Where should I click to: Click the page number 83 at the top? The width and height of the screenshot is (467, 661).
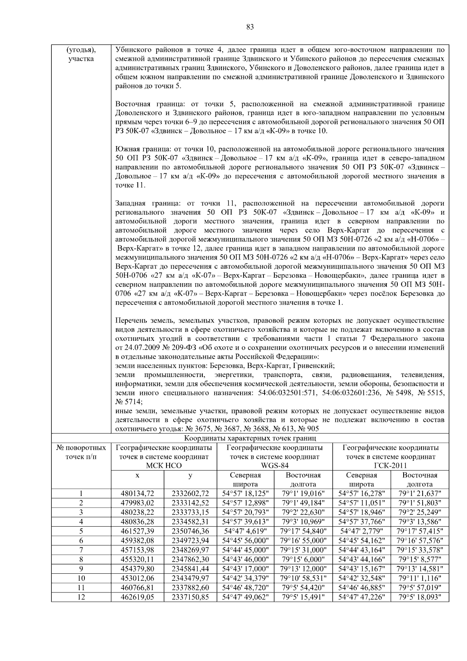(x=250, y=27)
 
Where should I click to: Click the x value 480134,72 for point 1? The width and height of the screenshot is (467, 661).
(x=137, y=494)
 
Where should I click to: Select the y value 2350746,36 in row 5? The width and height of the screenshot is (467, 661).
(x=190, y=531)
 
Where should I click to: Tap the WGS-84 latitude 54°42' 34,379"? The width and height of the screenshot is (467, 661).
(x=245, y=578)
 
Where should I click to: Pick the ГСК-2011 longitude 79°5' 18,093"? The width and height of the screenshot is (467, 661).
(x=420, y=596)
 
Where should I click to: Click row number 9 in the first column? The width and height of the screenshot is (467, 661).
(x=81, y=568)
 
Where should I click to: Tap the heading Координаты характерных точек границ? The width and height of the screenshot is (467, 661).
(x=250, y=438)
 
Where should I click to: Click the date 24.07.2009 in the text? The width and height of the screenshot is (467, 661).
(x=140, y=347)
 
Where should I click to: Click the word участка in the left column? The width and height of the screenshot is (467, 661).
(x=81, y=59)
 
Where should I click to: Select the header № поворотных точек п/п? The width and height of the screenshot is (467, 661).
(x=81, y=452)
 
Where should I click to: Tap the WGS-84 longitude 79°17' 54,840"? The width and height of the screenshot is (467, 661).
(x=303, y=531)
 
